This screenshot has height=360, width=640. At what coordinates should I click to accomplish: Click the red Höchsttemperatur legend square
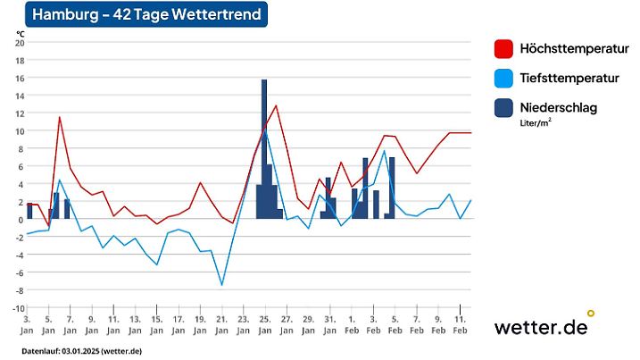coord(504,48)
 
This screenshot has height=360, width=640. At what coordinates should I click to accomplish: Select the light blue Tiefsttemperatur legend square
coord(504,79)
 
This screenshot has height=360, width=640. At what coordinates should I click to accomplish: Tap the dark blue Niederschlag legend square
coord(504,108)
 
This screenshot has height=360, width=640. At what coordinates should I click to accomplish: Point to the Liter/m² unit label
coord(535,124)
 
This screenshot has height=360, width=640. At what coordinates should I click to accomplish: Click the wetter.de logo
coord(541,327)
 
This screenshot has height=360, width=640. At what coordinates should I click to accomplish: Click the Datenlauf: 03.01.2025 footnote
coord(82,350)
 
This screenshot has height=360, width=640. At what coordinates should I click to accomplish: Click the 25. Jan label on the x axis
coord(264,323)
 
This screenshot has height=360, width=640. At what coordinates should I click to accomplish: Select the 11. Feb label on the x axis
coord(460,323)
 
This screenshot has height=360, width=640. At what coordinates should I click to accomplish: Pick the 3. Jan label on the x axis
coord(27,323)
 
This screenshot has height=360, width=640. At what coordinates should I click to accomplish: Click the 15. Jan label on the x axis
coord(156,323)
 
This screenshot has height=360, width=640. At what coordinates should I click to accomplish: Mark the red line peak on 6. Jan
coord(60,117)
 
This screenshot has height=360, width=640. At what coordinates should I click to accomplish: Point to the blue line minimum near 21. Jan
coord(221,285)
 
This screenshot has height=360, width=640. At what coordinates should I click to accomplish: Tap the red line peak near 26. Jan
coord(276,105)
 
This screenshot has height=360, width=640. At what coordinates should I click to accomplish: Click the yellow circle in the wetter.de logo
coord(590,314)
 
